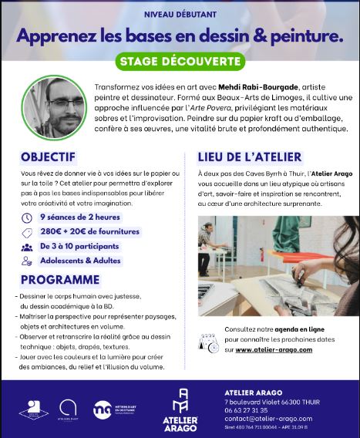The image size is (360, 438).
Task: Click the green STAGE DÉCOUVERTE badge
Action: (x=180, y=61)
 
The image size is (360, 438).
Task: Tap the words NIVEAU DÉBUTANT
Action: (x=180, y=14)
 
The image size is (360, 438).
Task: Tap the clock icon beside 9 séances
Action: (x=27, y=217)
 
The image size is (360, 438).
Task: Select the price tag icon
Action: (x=27, y=232)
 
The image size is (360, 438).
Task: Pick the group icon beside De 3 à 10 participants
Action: (x=27, y=247)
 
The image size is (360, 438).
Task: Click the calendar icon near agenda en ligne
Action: (x=209, y=342)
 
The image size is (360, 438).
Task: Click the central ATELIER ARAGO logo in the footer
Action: (x=183, y=406)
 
